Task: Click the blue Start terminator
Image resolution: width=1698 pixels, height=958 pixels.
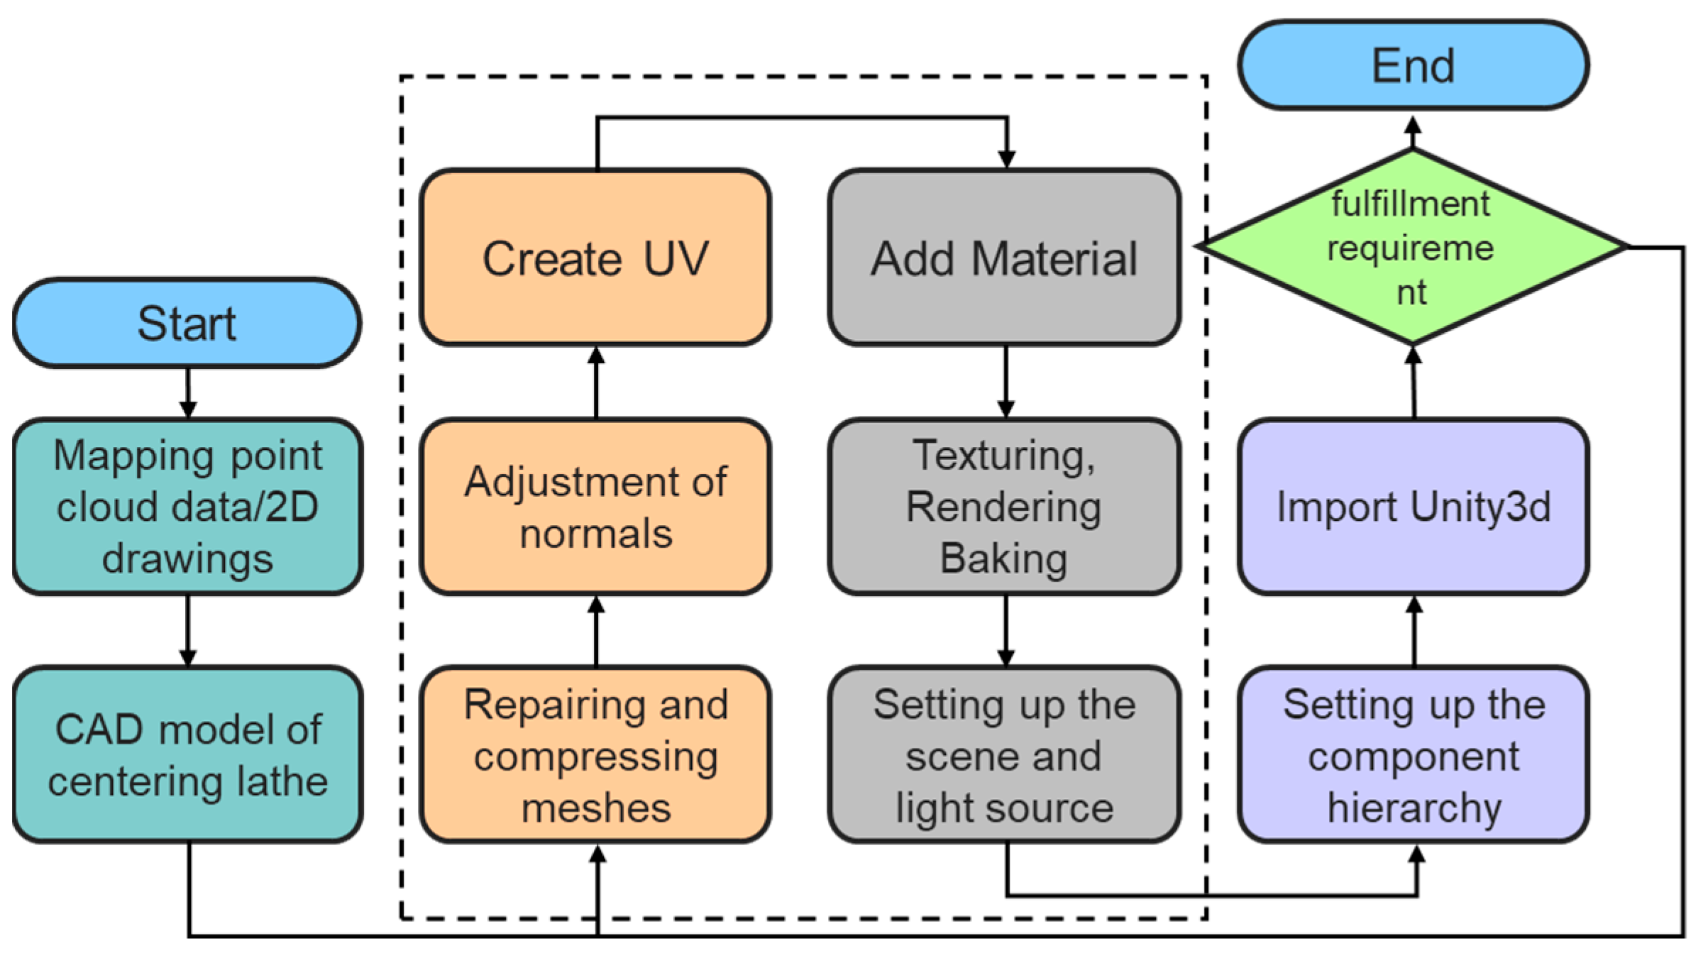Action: pyautogui.click(x=187, y=323)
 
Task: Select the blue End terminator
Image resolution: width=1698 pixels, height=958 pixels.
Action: pyautogui.click(x=1413, y=65)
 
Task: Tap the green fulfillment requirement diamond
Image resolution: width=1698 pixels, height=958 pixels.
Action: pyautogui.click(x=1412, y=247)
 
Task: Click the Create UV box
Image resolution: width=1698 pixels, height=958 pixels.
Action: pyautogui.click(x=595, y=258)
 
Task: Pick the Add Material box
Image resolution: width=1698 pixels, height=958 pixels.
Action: pyautogui.click(x=1005, y=258)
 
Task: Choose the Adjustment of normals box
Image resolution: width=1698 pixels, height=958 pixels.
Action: pyautogui.click(x=595, y=507)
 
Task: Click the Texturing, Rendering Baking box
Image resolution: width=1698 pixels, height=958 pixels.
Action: pyautogui.click(x=1005, y=507)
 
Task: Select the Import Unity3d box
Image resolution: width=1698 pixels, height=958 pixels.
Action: pyautogui.click(x=1413, y=507)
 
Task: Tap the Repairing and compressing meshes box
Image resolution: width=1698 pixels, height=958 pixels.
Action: pyautogui.click(x=595, y=755)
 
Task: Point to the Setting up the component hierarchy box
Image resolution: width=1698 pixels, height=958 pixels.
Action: pyautogui.click(x=1413, y=755)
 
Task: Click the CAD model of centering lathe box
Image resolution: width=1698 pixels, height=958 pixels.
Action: pyautogui.click(x=187, y=755)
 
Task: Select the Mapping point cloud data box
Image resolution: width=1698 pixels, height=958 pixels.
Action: pyautogui.click(x=187, y=507)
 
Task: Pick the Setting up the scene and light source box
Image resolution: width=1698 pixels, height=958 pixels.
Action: pyautogui.click(x=1005, y=755)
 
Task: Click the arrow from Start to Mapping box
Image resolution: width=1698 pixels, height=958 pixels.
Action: pyautogui.click(x=187, y=393)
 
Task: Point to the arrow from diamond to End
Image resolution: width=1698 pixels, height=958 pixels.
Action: pyautogui.click(x=1413, y=133)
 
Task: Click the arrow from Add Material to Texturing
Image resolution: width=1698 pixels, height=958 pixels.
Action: pyautogui.click(x=1005, y=382)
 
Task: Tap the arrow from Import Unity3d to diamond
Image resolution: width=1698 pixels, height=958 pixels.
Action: pyautogui.click(x=1413, y=382)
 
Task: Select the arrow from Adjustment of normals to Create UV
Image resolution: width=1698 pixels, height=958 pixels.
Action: pyautogui.click(x=596, y=382)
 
